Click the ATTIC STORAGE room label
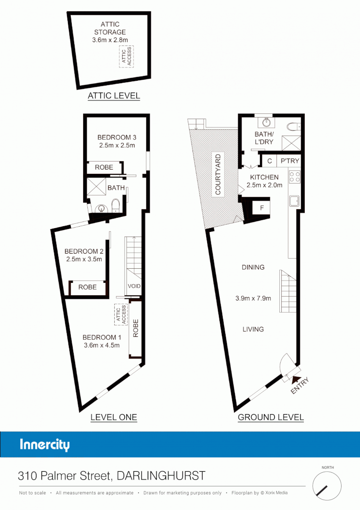(110, 28)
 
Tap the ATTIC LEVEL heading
(114, 96)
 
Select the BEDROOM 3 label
(117, 137)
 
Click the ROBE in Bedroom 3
(104, 167)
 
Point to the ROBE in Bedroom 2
(87, 287)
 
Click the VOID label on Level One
(134, 286)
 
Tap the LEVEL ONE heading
(113, 417)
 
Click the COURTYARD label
(218, 174)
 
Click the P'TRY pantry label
(290, 161)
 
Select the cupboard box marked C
(269, 161)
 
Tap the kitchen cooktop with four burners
(294, 177)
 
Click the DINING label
(253, 267)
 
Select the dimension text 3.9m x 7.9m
(253, 298)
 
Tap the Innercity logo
(45, 445)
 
